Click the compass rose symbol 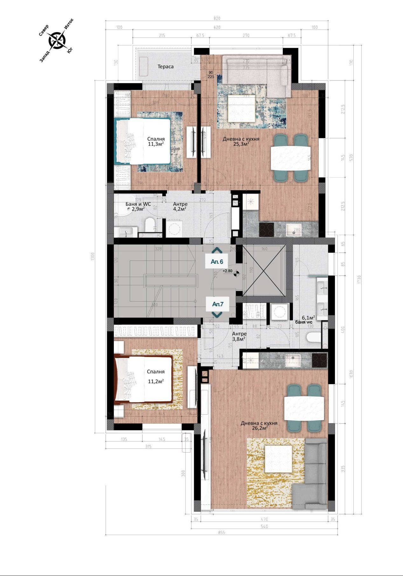click(x=57, y=40)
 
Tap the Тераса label click(x=165, y=66)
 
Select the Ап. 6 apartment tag click(x=217, y=262)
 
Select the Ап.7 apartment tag click(x=218, y=304)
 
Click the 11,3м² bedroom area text click(x=156, y=144)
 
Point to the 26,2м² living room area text click(x=260, y=428)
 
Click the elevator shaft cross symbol click(x=264, y=270)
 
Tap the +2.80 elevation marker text click(x=227, y=271)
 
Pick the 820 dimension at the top click(x=217, y=18)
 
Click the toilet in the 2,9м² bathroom click(x=149, y=225)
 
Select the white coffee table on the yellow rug click(x=279, y=459)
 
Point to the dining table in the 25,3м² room click(x=290, y=158)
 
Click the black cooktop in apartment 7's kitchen click(x=319, y=361)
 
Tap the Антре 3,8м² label click(x=239, y=336)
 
